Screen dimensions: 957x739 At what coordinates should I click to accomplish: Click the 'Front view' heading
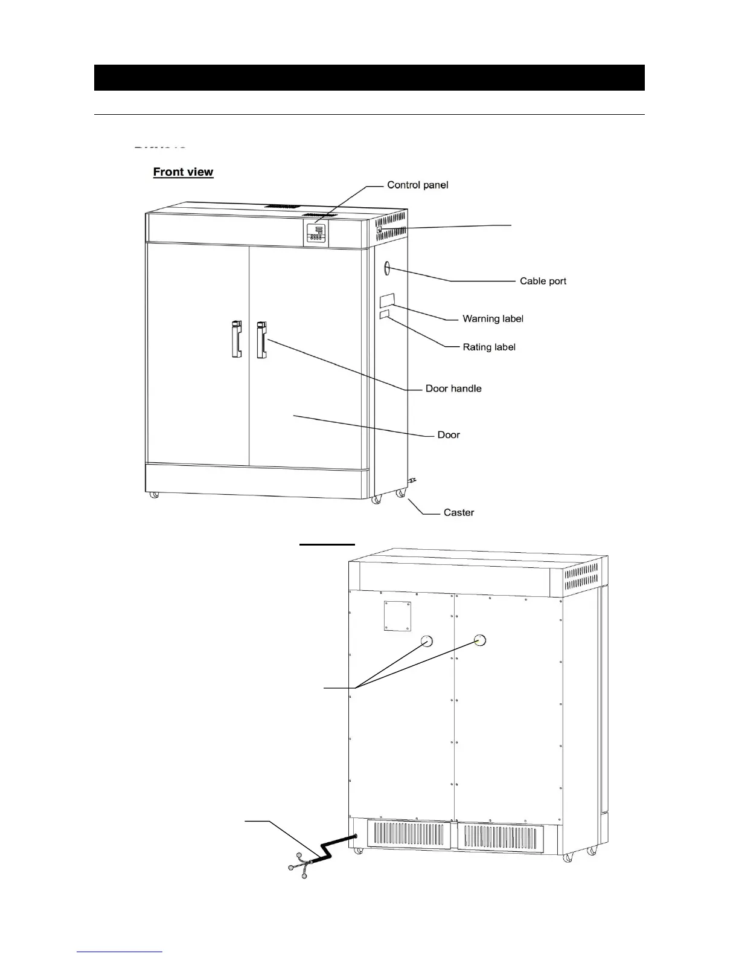pyautogui.click(x=183, y=172)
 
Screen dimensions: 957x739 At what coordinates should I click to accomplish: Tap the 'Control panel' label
pyautogui.click(x=417, y=185)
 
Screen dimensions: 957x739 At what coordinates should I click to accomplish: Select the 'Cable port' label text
pyautogui.click(x=543, y=281)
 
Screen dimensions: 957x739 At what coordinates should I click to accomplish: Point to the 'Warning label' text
pyautogui.click(x=493, y=318)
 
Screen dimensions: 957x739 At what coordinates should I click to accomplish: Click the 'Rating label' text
pyautogui.click(x=489, y=347)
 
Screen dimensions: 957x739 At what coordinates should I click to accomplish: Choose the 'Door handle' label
pyautogui.click(x=453, y=388)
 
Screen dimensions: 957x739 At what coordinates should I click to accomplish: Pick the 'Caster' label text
pyautogui.click(x=459, y=512)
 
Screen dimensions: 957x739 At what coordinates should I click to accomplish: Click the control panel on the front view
pyautogui.click(x=315, y=233)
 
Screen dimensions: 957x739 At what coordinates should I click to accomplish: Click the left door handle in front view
pyautogui.click(x=237, y=338)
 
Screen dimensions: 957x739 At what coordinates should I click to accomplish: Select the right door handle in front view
pyautogui.click(x=261, y=339)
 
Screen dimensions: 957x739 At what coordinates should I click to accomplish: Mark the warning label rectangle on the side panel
pyautogui.click(x=386, y=300)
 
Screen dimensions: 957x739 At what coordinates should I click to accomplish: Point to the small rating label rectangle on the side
pyautogui.click(x=384, y=315)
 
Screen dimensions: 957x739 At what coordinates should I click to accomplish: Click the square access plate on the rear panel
pyautogui.click(x=397, y=616)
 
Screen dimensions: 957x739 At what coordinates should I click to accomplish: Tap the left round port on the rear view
pyautogui.click(x=426, y=640)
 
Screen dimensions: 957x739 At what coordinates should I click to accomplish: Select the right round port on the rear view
pyautogui.click(x=480, y=640)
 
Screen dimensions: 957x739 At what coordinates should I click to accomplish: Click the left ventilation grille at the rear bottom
pyautogui.click(x=408, y=835)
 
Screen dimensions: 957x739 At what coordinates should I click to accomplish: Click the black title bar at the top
pyautogui.click(x=369, y=77)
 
